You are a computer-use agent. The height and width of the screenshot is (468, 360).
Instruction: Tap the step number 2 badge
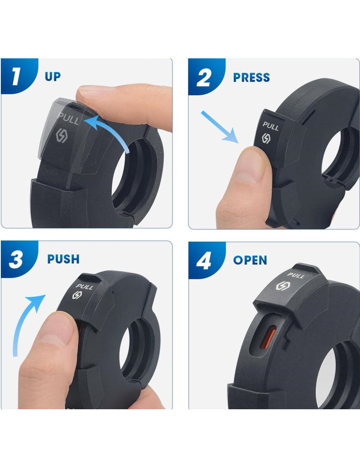point(205,77)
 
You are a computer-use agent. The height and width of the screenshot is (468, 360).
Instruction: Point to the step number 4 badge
point(206,260)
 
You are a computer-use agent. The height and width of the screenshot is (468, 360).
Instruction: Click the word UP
point(53,77)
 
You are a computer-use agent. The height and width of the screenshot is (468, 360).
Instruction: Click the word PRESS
point(251,78)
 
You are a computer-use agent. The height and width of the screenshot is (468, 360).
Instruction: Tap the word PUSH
point(63,259)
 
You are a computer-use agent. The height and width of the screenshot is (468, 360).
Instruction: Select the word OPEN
point(250,260)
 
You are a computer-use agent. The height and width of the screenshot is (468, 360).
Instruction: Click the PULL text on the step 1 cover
point(69,119)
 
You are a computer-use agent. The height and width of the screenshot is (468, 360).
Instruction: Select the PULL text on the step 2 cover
point(271,126)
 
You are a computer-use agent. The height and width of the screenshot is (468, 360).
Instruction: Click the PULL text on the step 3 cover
point(84,286)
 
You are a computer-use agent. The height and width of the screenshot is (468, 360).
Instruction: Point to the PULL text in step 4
point(296,275)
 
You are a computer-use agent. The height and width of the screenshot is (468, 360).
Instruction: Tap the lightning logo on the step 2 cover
point(266,138)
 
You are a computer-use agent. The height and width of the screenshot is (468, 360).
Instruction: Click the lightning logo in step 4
point(281,286)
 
